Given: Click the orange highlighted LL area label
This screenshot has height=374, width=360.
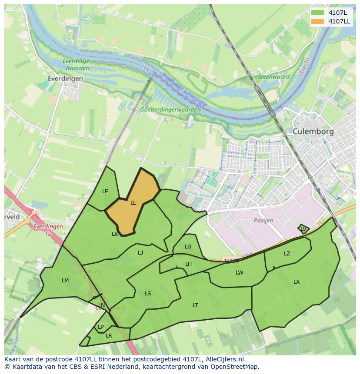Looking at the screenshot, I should coord(133,202).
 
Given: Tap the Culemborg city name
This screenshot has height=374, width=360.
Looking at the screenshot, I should coord(313,131).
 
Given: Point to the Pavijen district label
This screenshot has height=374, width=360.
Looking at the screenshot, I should coord(263,220).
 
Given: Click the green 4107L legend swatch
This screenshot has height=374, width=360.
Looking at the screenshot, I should coord(318,13).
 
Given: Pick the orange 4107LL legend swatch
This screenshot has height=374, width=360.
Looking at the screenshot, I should coord(318,21).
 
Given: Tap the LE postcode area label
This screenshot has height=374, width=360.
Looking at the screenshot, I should coord(105,192).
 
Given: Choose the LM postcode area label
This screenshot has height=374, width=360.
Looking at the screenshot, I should coord(65,281).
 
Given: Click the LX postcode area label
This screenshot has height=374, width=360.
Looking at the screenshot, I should coord(297,282).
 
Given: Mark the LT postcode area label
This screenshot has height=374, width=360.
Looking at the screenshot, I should coord(195,305).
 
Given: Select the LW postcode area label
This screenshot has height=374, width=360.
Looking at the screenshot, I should coord(239,273).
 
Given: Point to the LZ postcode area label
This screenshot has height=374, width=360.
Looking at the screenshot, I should coord(287,254).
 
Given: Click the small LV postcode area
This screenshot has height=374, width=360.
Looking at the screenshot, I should coord(303,228).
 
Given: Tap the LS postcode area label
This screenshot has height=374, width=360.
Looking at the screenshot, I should coord(148,294).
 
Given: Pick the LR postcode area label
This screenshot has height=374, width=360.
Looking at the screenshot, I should coord(109,336).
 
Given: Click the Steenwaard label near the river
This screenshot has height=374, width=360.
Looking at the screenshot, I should coord(274,77).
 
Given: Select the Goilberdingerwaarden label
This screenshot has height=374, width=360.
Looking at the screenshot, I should coord(170,110).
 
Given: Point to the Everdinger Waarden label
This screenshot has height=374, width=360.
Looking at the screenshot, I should coord(77,64).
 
